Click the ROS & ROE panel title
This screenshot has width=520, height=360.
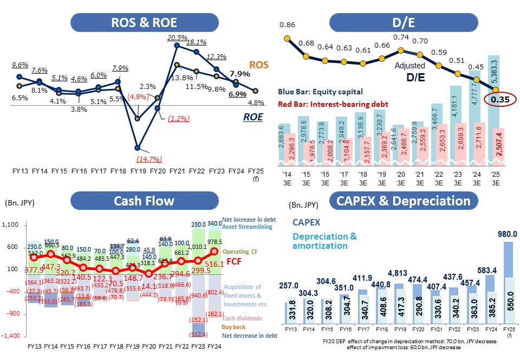144,23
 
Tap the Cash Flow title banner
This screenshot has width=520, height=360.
144,201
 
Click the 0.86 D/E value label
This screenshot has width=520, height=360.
287,25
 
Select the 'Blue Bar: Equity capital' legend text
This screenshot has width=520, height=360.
320,92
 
